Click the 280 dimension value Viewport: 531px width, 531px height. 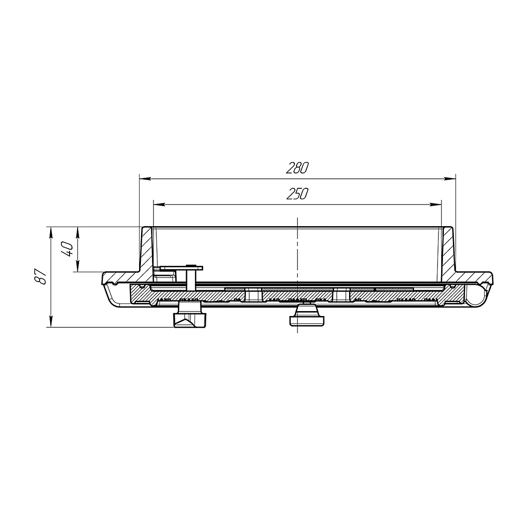pos(297,168)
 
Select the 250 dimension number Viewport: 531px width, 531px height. pos(297,194)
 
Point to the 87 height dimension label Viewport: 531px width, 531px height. pos(41,277)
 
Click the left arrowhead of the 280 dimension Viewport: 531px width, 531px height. pos(145,179)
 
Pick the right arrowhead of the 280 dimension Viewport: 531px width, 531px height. pos(450,179)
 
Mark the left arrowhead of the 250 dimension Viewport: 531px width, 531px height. pos(159,205)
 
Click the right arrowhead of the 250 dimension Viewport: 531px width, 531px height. pos(436,205)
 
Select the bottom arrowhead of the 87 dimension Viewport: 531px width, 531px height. pos(51,321)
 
